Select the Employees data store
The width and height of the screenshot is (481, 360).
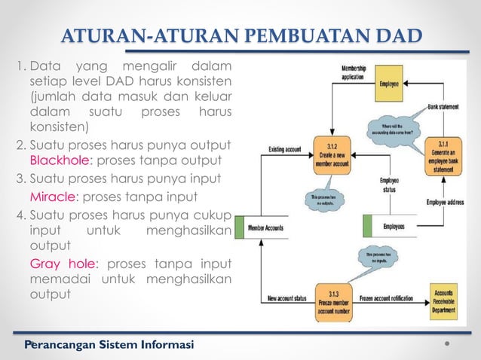click(393, 226)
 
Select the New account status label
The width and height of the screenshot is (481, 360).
click(287, 299)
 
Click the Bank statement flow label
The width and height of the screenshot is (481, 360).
click(444, 108)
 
